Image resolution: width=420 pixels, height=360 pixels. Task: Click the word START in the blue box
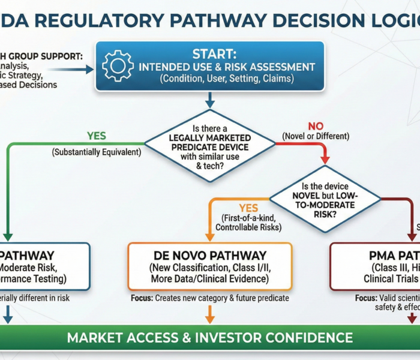[x=209, y=54]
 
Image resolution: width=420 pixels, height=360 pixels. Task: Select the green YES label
[x=97, y=136]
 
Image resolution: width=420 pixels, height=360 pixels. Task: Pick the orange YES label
[x=247, y=208]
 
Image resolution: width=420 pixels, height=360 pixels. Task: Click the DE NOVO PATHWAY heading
[x=209, y=255]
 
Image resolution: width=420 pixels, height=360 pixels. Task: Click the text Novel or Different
[x=316, y=137]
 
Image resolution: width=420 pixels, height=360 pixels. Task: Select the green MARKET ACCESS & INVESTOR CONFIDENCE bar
[x=209, y=337]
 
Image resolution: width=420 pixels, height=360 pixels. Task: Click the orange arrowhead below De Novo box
[x=210, y=318]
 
